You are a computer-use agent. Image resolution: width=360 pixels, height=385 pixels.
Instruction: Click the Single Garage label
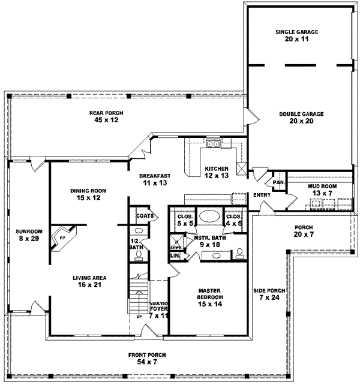296,35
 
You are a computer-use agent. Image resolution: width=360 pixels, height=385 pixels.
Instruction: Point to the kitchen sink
213,143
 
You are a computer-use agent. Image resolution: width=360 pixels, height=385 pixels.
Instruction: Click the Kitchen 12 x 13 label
215,172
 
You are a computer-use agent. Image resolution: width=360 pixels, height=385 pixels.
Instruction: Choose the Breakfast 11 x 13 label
155,179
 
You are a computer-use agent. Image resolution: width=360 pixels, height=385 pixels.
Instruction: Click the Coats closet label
145,215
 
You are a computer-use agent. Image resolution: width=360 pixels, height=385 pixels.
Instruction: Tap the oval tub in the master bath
209,217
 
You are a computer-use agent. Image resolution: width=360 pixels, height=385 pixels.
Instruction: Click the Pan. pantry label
278,182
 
